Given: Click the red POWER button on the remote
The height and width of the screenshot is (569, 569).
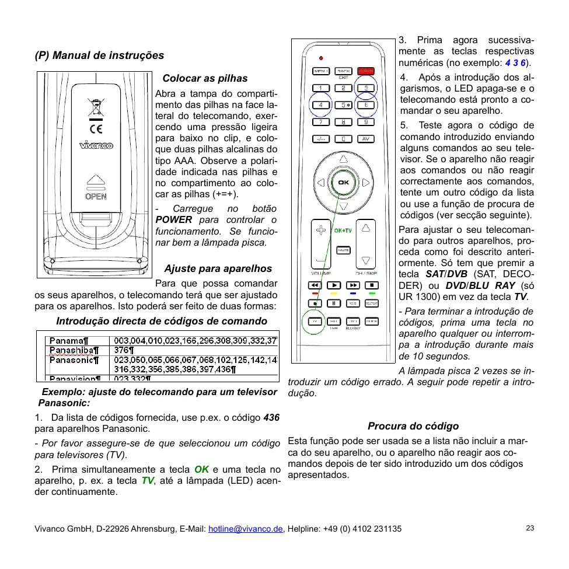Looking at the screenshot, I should point(366,71).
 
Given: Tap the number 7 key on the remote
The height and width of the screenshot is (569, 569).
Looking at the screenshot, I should point(321,122).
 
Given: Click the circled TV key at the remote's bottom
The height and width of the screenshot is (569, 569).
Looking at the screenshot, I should point(315,322).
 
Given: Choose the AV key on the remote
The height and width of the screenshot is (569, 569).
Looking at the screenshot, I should point(366,139).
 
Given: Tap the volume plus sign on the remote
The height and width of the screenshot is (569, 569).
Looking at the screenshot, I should point(320,229).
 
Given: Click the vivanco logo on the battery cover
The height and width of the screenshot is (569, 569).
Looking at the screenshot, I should point(96,145).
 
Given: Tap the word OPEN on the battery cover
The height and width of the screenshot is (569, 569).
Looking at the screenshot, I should point(96,197).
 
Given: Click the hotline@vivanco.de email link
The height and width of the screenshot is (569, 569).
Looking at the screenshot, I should point(246,529).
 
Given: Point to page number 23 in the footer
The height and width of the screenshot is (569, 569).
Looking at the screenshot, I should point(530,528).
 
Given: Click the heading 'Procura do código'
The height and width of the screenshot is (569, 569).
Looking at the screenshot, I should point(413,426).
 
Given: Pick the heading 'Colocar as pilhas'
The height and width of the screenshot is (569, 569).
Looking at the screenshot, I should point(205,78).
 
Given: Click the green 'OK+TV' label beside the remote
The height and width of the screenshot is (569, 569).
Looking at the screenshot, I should point(343,231).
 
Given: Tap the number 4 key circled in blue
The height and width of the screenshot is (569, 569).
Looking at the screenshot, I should point(321,105).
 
